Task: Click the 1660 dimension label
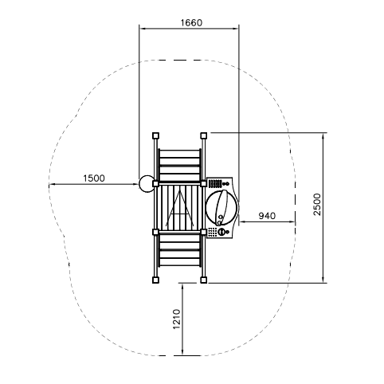click(x=191, y=23)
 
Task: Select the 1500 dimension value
click(x=94, y=178)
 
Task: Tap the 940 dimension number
click(x=267, y=216)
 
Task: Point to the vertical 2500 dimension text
click(x=317, y=205)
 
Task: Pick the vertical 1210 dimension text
click(x=177, y=319)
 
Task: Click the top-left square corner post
click(x=155, y=135)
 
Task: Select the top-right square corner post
click(x=204, y=135)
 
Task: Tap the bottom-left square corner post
click(x=155, y=280)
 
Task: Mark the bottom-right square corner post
click(x=204, y=280)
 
